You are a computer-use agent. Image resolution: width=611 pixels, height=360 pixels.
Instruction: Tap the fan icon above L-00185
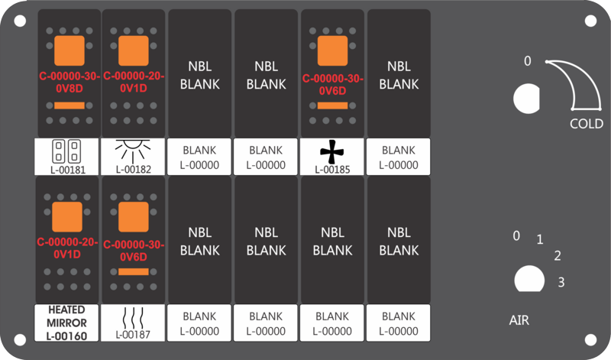coord(331,153)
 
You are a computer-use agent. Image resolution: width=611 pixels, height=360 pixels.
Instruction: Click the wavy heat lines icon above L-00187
coord(133,316)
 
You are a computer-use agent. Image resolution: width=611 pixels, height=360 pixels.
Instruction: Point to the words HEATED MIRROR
coord(66,316)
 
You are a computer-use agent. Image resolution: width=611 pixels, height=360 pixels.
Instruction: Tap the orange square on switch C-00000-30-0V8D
coord(69,50)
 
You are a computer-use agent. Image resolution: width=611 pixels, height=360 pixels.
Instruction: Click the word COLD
coord(587,124)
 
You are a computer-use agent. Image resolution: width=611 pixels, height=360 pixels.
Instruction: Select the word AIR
coord(519,320)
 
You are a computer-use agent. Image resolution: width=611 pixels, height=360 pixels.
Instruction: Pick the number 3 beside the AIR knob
coord(561,283)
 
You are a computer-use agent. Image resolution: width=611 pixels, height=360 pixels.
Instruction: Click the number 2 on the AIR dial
coord(558,255)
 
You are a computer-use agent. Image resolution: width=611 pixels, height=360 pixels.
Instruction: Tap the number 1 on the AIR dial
coord(539,240)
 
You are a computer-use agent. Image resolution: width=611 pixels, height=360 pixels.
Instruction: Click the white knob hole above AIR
coord(525,279)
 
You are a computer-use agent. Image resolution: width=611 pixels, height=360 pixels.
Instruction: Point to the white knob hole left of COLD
coord(525,98)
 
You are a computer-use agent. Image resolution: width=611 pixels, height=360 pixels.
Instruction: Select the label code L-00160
coord(66,335)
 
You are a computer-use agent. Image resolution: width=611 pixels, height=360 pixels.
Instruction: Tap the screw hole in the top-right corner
coord(590,21)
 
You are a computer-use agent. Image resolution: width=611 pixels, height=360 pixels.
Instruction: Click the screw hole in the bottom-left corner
coord(21,339)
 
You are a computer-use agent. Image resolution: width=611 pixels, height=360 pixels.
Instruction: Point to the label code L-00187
coord(133,334)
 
